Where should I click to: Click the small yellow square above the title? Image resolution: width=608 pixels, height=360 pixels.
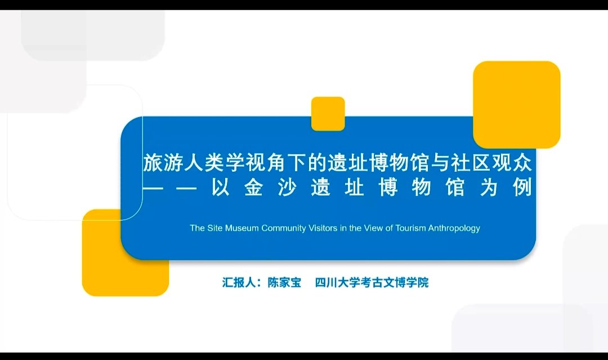(x=328, y=114)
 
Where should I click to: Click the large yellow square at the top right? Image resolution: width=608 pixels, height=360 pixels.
(x=516, y=105)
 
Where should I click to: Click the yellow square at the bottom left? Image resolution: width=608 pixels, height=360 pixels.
(x=125, y=252)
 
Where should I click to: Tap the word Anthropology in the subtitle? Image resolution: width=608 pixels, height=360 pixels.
(x=454, y=229)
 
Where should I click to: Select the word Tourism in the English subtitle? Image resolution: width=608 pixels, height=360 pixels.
(x=410, y=228)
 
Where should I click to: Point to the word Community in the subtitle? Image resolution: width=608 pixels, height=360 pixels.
(x=283, y=229)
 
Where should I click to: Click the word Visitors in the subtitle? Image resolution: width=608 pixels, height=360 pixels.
(x=323, y=228)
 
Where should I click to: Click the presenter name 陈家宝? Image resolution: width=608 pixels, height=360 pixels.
(x=284, y=282)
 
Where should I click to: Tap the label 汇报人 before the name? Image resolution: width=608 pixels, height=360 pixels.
(x=239, y=282)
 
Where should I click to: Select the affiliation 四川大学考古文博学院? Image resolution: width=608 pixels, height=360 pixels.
(x=372, y=282)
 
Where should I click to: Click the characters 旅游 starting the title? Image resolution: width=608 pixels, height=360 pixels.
(x=163, y=163)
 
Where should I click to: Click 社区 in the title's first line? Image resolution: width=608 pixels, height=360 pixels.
(x=470, y=163)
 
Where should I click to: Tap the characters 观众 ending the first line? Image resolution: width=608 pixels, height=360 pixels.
(x=511, y=163)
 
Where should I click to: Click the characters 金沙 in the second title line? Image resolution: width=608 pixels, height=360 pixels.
(x=271, y=188)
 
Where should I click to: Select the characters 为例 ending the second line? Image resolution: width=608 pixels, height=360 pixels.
(x=506, y=188)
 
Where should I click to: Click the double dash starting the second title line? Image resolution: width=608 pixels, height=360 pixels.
(x=170, y=188)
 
